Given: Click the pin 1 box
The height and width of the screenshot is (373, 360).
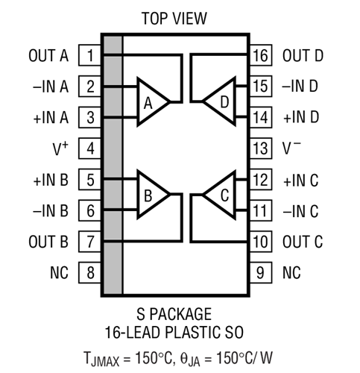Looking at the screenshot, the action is tap(89, 55).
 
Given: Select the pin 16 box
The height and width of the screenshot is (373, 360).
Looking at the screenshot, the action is tap(261, 55).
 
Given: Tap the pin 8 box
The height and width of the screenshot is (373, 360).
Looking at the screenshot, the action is tap(89, 272).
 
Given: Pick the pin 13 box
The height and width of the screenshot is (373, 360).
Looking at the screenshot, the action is tap(261, 148).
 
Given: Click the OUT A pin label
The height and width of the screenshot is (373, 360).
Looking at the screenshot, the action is tap(48, 55).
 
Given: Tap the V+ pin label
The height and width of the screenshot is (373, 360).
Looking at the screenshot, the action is tap(60, 148).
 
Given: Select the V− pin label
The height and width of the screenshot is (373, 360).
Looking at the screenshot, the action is tap(291, 148).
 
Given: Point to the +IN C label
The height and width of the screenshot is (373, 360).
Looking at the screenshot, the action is tap(301, 181).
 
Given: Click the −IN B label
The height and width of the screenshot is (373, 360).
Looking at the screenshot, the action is tap(51, 211).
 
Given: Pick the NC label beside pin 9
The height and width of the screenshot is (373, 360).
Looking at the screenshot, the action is tap(291, 273).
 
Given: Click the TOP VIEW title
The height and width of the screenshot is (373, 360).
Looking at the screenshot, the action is tap(174, 19).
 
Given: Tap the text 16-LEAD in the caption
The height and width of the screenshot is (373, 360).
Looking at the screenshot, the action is tap(133, 333).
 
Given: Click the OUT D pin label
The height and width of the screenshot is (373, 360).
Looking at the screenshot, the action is tap(303, 55).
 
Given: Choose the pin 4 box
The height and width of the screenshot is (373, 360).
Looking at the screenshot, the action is tap(89, 148).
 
